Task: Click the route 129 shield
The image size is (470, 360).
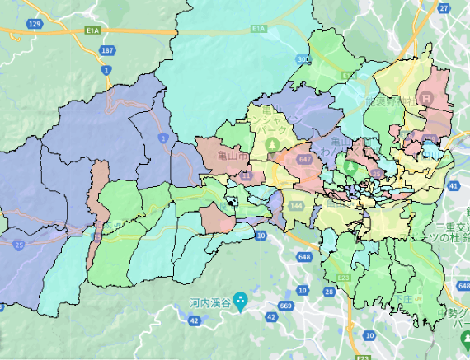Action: click(x=34, y=25)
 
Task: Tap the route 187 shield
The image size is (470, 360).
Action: click(x=106, y=50)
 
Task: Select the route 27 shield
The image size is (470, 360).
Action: click(x=443, y=7)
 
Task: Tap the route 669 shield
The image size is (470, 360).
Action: click(x=285, y=306)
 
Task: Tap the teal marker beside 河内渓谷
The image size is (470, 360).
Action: click(x=240, y=300)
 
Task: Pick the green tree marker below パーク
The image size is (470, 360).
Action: click(x=272, y=145)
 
